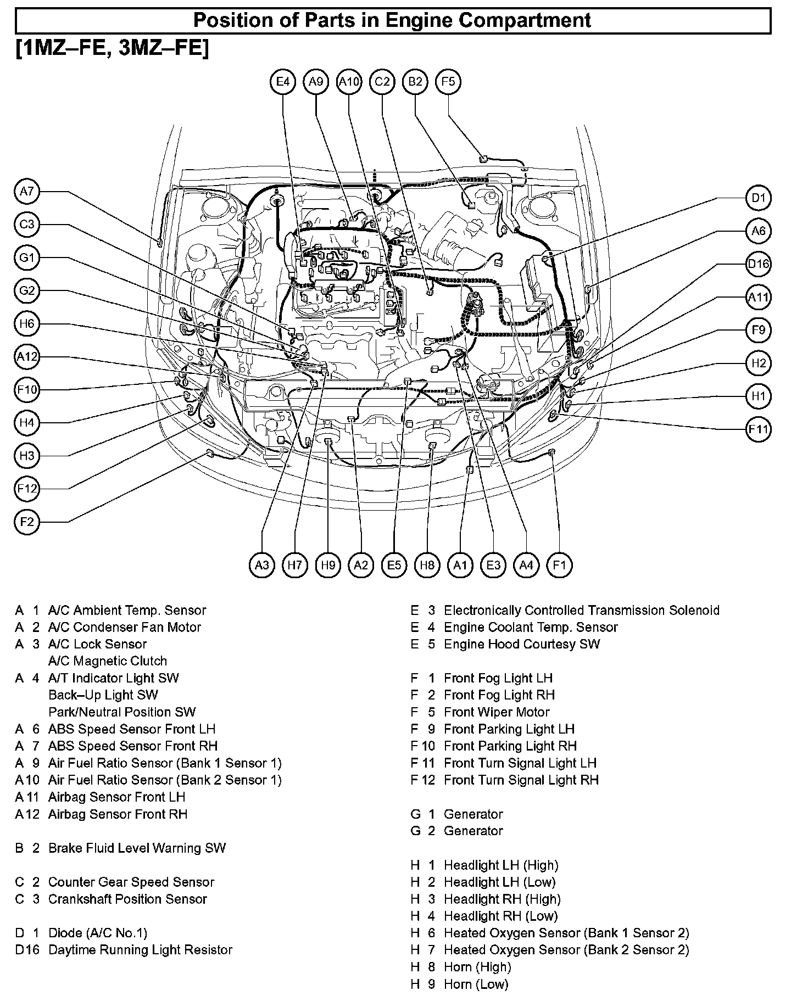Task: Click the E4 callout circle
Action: (283, 82)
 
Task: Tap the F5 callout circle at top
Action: (448, 82)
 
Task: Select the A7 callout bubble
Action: (26, 192)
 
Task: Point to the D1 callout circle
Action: (759, 198)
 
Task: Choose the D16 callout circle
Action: (759, 264)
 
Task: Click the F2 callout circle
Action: (26, 522)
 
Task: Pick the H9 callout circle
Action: (328, 565)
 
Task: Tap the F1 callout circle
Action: (559, 565)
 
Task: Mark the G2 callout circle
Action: (26, 291)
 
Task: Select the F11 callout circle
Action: (759, 429)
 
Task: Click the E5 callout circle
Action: (394, 565)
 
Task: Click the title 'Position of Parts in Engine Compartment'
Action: (393, 21)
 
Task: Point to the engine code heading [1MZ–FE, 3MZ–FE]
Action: (113, 48)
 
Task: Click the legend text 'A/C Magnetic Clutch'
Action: (108, 661)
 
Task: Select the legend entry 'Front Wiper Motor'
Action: (497, 712)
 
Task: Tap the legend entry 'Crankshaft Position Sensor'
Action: (127, 899)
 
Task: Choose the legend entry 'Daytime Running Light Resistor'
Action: (140, 950)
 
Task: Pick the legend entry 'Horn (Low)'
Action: (476, 984)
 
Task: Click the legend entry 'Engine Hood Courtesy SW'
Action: (522, 644)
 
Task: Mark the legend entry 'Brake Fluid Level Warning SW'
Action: (137, 848)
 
